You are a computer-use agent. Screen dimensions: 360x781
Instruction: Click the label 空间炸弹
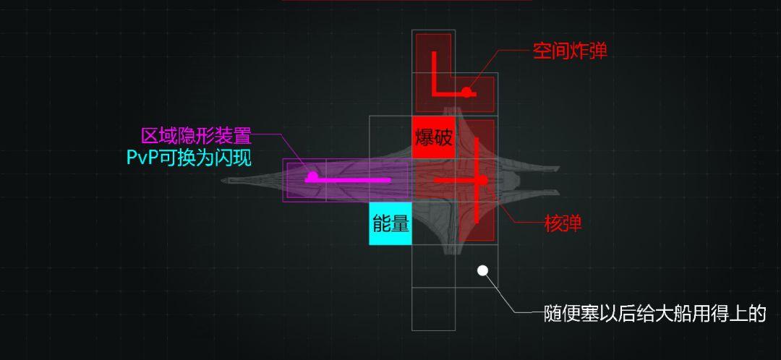point(570,51)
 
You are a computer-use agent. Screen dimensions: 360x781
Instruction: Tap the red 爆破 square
point(434,137)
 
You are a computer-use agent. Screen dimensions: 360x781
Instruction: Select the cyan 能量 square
point(390,223)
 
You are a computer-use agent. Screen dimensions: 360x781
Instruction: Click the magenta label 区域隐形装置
point(196,136)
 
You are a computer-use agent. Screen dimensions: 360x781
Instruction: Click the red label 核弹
point(563,223)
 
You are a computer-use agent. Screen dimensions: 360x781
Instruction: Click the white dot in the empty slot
point(482,271)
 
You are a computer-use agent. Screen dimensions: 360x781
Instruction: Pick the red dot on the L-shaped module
point(468,92)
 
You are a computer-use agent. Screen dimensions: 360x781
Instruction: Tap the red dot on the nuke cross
point(482,179)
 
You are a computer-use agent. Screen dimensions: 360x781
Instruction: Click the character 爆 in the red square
point(424,137)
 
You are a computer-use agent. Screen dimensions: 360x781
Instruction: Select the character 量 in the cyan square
point(400,223)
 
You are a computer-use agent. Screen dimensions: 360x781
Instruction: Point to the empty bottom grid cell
point(434,309)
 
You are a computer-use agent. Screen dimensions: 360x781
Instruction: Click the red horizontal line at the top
point(406,1)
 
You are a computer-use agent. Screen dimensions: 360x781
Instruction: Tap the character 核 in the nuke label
point(553,223)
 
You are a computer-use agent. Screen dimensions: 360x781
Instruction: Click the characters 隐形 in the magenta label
point(196,136)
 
